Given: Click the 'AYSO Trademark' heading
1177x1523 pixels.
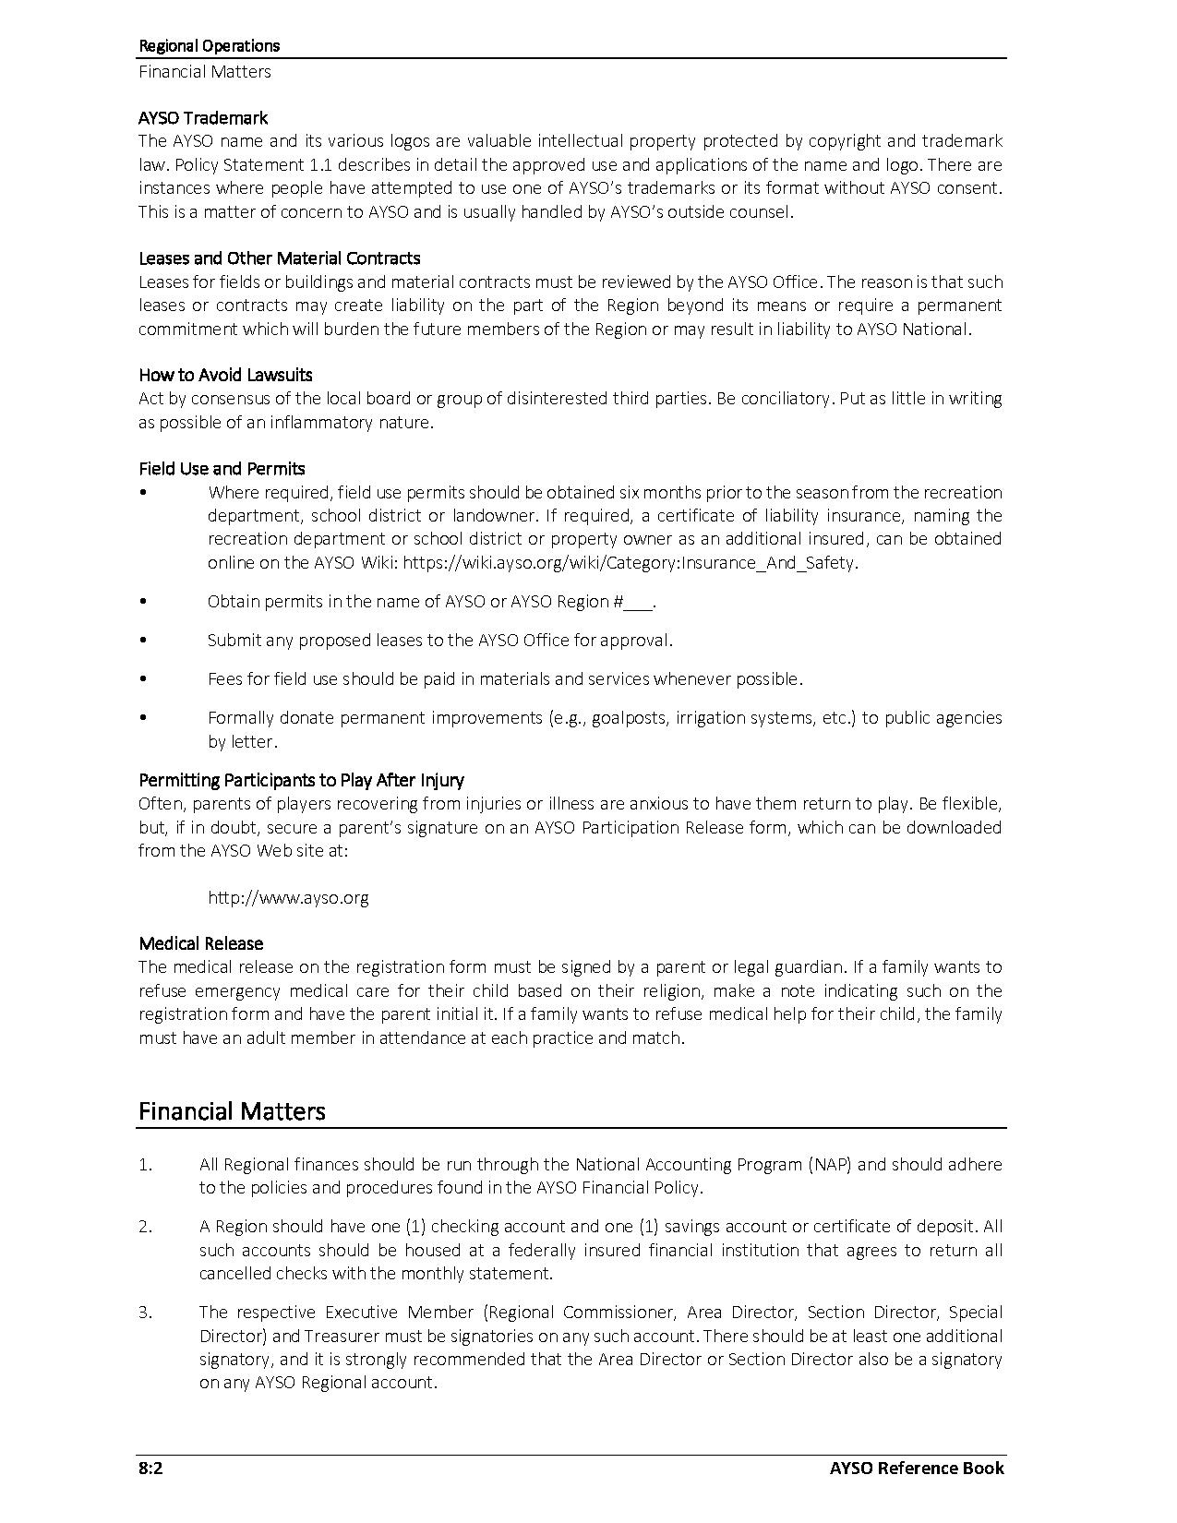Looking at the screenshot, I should pos(203,118).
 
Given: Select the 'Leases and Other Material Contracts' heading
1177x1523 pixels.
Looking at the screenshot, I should pos(279,258).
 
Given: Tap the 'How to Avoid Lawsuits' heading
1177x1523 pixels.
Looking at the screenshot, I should pos(225,375).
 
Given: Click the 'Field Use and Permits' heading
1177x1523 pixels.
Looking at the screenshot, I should pos(222,469).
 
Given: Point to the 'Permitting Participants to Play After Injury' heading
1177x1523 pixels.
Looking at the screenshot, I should pos(301,780).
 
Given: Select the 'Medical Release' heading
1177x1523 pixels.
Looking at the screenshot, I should pos(200,943).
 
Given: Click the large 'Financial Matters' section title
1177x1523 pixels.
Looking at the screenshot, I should pos(232,1110).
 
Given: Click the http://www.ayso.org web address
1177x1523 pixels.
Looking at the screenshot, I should pos(288,897).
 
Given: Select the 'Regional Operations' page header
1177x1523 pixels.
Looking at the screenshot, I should pos(209,45).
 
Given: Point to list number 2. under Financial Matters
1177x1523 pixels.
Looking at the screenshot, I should pos(146,1227).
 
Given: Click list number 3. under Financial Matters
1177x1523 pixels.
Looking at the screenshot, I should pos(146,1313).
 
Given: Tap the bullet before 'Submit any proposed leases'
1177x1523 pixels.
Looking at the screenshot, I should pos(143,640).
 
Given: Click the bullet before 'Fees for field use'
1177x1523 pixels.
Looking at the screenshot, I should pos(143,678).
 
